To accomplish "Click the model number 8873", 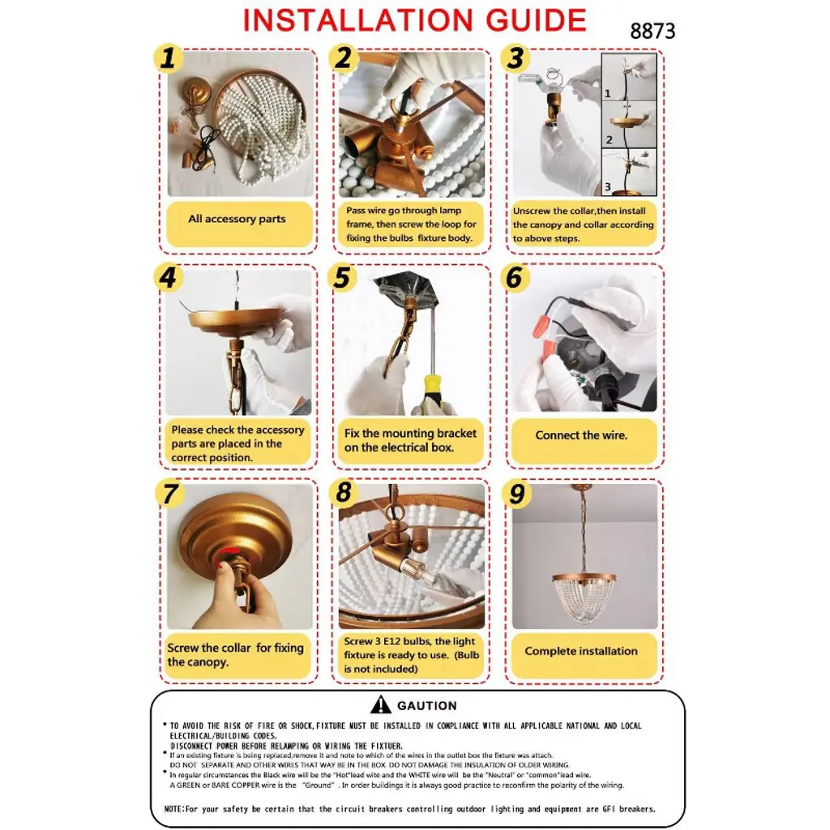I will [x=652, y=31].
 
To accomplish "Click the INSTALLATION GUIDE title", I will [x=414, y=20].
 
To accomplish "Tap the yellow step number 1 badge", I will [x=167, y=58].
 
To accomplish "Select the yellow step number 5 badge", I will [x=342, y=278].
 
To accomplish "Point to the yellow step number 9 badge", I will [x=517, y=494].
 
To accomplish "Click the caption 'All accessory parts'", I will [x=237, y=219].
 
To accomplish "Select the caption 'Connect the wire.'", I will [x=581, y=435].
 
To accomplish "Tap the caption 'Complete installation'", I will [x=581, y=651].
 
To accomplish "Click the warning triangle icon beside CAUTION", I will [x=381, y=705].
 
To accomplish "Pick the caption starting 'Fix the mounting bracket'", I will [x=410, y=440].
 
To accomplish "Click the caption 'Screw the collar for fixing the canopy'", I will [x=235, y=655].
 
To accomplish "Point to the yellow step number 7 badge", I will [x=169, y=494].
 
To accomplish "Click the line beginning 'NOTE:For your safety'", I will [x=409, y=809].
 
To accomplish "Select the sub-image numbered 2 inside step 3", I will [x=629, y=124].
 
